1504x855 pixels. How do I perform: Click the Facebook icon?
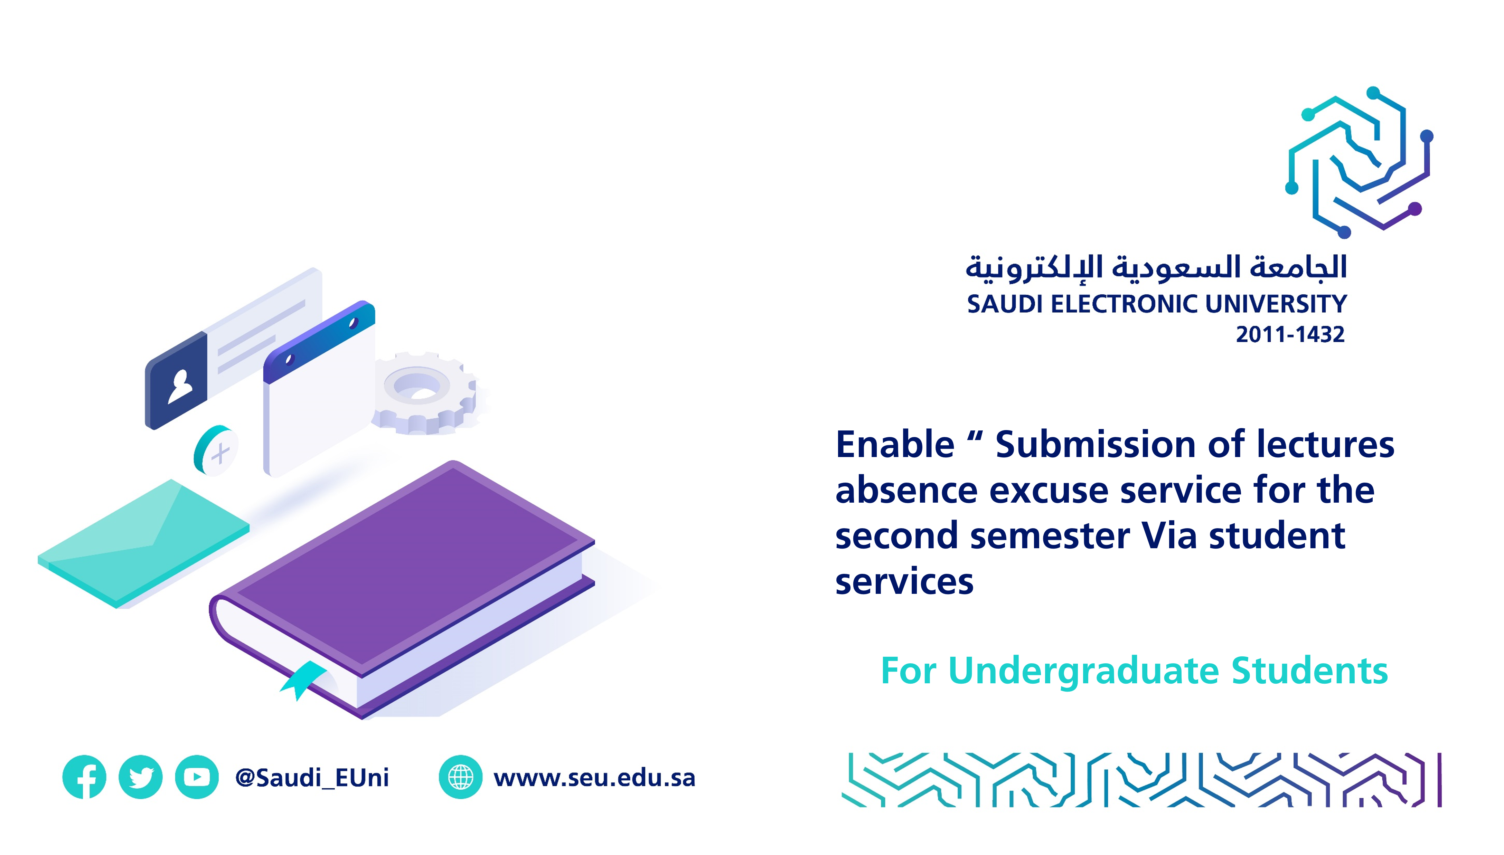85,777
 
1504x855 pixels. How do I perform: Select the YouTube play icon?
197,777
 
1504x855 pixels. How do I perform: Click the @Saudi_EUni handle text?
312,778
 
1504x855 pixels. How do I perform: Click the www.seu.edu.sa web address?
594,778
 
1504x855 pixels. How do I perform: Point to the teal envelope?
144,543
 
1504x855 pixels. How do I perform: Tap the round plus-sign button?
216,450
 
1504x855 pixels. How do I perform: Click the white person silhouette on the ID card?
180,387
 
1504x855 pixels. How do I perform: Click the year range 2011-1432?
1290,334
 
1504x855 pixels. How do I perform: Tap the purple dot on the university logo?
1415,208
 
